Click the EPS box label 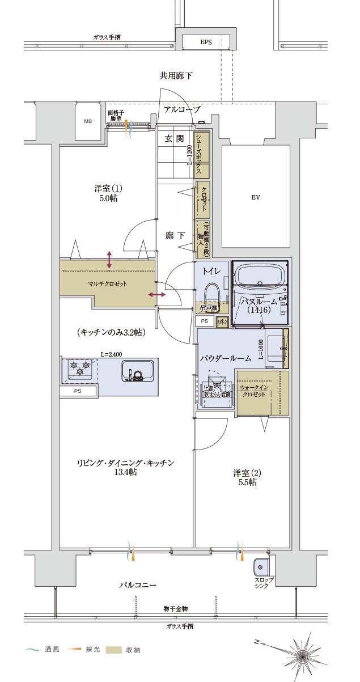205,43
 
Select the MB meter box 88,121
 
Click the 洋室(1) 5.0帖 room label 108,193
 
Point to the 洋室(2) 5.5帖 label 245,477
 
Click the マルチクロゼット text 107,283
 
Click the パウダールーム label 225,359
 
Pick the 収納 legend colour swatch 114,650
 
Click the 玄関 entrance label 174,138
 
